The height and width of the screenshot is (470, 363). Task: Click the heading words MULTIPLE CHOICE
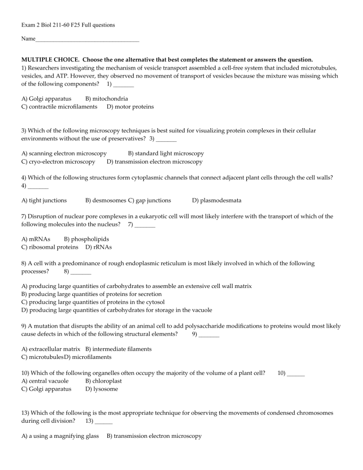click(52, 60)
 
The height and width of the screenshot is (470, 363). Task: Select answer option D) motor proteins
click(130, 107)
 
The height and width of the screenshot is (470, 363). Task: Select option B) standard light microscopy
click(166, 154)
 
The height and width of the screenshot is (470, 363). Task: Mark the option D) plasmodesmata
click(217, 200)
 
